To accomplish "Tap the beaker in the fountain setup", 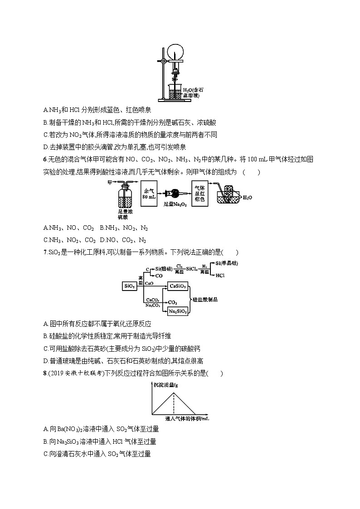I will [x=175, y=92].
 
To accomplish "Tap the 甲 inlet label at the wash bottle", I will [x=110, y=182].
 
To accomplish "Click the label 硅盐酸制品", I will [x=205, y=300].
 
